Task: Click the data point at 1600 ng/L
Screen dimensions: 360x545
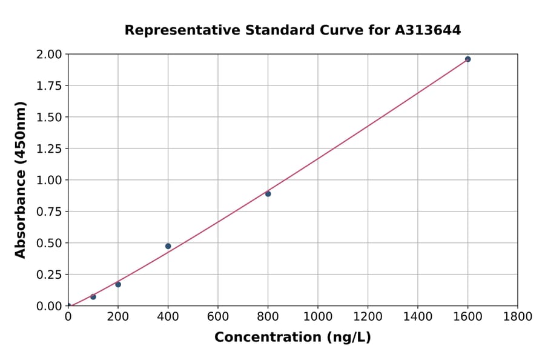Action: pos(467,59)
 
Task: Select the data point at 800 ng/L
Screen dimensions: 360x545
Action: pos(268,194)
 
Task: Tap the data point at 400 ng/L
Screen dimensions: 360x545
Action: pos(168,246)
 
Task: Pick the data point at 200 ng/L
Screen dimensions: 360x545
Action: pos(118,284)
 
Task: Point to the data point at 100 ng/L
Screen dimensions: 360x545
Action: pos(93,296)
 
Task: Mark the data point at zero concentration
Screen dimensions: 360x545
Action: pos(68,305)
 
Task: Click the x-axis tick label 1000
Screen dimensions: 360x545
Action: pos(318,316)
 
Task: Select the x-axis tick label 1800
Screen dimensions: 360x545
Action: pos(518,316)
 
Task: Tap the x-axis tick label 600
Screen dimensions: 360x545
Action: pos(218,316)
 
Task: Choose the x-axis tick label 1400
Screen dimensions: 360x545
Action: pos(418,316)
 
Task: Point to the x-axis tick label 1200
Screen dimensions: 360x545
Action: pos(368,316)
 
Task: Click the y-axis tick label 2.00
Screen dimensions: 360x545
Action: pos(50,55)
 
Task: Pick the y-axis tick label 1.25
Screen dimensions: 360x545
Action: pos(50,148)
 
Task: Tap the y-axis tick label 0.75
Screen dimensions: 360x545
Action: pos(50,212)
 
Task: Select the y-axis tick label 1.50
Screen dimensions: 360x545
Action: pos(50,117)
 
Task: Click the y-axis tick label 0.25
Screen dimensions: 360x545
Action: pos(50,275)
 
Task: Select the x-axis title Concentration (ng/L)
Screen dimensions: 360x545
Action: pos(292,338)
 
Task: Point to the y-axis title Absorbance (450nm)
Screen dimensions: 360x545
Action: pos(21,180)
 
